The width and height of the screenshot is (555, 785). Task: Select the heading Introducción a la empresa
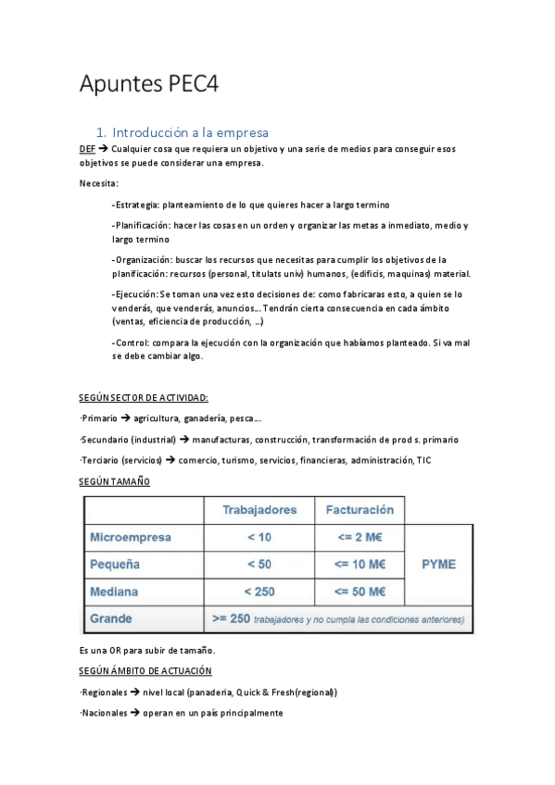(189, 132)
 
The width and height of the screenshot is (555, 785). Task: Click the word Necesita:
(98, 183)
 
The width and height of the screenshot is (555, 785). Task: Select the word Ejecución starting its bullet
(137, 293)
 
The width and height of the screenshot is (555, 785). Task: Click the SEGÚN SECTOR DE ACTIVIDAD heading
(144, 397)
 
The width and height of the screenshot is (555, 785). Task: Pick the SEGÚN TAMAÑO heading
(114, 481)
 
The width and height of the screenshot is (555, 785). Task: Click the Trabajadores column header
(259, 510)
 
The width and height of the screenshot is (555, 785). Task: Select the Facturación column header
(359, 510)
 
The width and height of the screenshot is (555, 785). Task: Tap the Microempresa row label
(131, 537)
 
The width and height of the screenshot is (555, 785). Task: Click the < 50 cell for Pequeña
(259, 564)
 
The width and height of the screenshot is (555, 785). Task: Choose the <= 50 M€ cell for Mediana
(359, 591)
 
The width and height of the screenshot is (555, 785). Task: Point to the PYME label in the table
(438, 564)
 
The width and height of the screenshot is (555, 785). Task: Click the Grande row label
(110, 617)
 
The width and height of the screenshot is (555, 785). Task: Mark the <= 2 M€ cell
(359, 537)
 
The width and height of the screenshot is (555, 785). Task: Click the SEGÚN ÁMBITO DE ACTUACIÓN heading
(146, 670)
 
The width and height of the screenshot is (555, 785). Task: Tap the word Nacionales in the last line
(105, 714)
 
